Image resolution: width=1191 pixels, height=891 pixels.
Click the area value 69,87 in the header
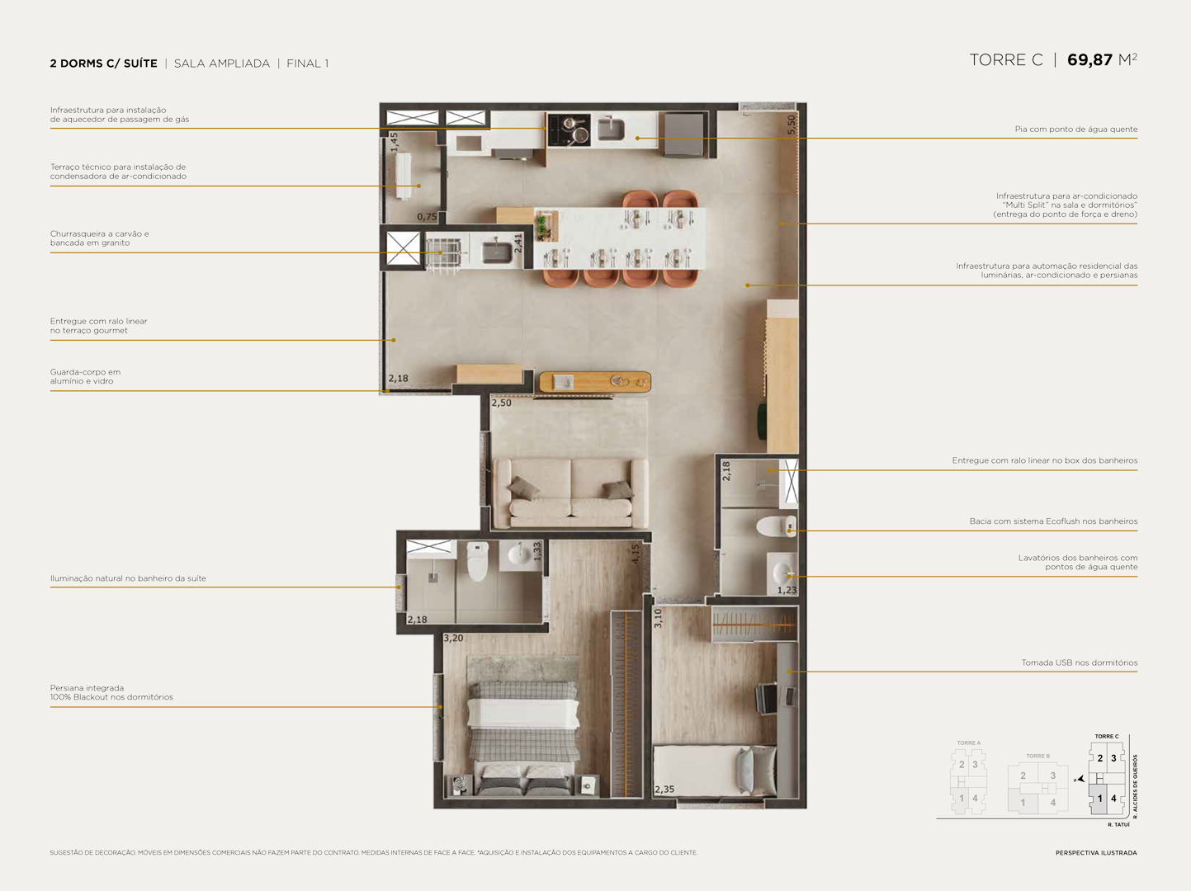coord(1089,60)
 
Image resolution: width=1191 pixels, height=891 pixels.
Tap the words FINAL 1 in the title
coord(307,64)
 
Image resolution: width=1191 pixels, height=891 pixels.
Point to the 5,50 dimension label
coord(792,124)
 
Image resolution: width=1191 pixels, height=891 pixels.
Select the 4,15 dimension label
coord(636,554)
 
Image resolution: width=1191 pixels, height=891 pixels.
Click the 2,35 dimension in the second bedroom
coord(664,790)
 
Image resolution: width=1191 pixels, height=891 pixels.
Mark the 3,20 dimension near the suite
coord(453,639)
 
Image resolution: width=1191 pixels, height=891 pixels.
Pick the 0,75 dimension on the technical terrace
coord(427,217)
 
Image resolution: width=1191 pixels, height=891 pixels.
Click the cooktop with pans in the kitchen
coord(569,130)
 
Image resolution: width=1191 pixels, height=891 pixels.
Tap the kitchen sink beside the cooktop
coord(612,129)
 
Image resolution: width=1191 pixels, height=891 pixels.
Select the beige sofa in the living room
coord(570,493)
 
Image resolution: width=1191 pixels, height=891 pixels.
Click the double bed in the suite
coord(522,726)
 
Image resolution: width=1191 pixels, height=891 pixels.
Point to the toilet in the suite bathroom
coord(477,560)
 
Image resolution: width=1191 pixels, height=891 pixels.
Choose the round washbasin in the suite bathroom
coord(518,555)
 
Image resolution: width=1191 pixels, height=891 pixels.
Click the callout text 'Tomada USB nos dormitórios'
coord(1079,662)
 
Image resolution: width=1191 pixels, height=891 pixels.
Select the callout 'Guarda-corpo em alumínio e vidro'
coord(85,377)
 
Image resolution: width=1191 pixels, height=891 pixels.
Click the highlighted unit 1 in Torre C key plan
coord(1099,799)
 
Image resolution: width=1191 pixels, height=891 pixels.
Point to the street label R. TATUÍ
coord(1118,825)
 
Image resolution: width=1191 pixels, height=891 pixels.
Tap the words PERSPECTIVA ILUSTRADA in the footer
coord(1095,853)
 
